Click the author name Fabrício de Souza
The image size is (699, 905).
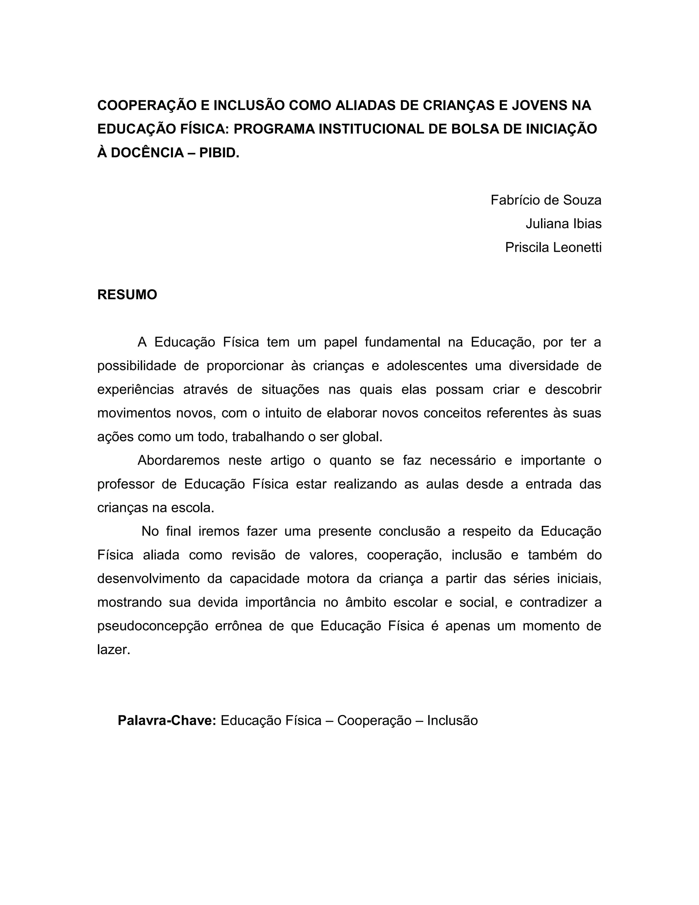tap(546, 200)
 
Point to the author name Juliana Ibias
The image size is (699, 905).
tap(563, 224)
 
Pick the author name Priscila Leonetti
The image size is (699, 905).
tap(553, 247)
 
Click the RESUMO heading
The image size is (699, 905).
tap(127, 295)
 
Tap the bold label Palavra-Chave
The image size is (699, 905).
tap(167, 720)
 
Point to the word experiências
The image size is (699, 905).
tap(135, 390)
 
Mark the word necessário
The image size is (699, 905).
tap(462, 460)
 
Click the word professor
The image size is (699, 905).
tap(126, 484)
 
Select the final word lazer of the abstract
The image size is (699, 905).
tap(113, 649)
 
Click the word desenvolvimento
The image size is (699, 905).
tap(148, 579)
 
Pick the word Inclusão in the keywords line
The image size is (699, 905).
tap(452, 720)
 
